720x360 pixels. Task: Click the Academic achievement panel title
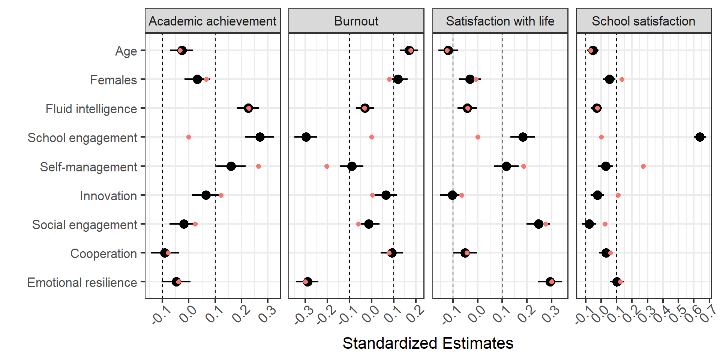212,21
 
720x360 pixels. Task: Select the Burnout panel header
356,21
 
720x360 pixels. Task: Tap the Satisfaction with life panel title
500,21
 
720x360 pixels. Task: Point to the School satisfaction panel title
643,21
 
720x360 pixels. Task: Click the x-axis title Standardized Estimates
428,343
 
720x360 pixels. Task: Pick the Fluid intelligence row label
91,109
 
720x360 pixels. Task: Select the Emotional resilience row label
82,282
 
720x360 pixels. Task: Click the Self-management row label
88,167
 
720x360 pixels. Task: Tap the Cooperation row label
103,253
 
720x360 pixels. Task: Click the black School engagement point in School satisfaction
700,137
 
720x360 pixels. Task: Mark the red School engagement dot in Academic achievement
189,137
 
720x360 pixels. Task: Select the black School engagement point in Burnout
306,137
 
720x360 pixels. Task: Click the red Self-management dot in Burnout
327,166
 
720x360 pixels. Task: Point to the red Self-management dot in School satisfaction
643,166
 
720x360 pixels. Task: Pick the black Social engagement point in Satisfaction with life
538,224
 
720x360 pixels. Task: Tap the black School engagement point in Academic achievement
260,137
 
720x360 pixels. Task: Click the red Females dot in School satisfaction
622,79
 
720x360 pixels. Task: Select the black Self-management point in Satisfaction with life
506,166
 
